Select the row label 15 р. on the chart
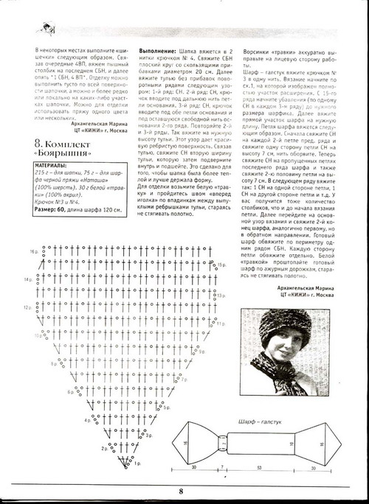(221, 264)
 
